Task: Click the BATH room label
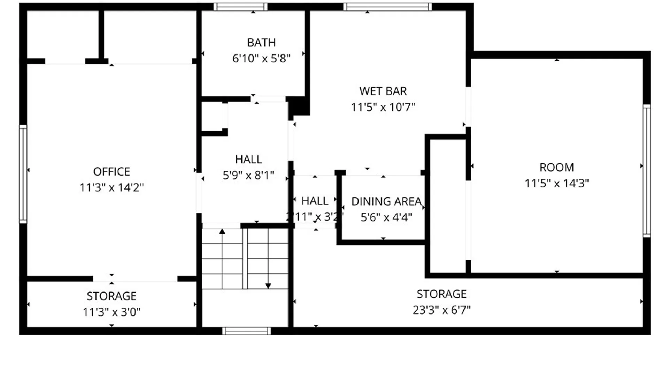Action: point(261,43)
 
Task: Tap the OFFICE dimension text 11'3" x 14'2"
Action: point(111,187)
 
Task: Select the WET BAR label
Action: point(383,91)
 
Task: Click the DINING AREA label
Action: point(386,201)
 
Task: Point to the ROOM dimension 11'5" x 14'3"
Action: point(556,183)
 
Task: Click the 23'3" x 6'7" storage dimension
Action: point(441,310)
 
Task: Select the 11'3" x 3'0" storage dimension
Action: point(111,312)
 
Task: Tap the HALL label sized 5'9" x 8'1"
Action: point(248,160)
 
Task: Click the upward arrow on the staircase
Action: point(222,231)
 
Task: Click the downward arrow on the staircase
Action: point(268,286)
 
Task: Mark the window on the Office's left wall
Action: point(23,174)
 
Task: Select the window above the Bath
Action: point(240,7)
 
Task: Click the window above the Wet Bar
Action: point(387,7)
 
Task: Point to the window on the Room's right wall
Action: point(646,171)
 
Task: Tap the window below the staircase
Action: point(246,331)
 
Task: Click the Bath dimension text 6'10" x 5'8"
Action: point(261,58)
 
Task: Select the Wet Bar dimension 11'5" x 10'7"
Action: point(383,107)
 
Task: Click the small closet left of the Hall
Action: point(213,116)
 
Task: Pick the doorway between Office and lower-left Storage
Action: point(135,279)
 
